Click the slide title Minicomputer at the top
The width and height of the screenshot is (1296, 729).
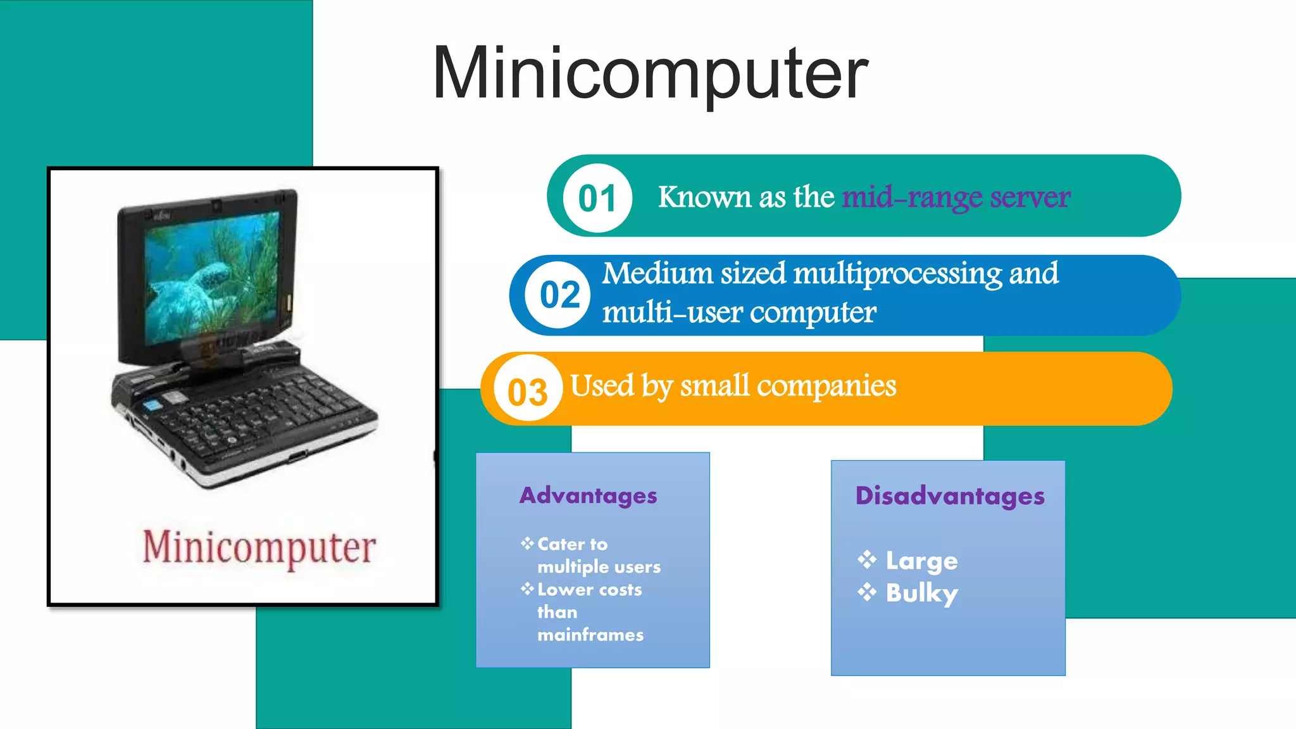(650, 73)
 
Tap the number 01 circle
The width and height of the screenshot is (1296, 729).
(597, 198)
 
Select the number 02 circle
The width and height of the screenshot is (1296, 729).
(559, 295)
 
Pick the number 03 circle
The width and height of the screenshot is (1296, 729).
(527, 392)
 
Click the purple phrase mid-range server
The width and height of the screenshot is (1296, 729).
(956, 197)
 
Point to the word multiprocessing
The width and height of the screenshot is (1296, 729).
(897, 274)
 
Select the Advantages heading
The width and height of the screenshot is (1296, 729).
(588, 495)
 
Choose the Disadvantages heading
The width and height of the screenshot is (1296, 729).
(949, 495)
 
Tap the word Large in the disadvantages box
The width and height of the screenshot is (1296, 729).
(921, 561)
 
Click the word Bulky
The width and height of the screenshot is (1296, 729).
(921, 594)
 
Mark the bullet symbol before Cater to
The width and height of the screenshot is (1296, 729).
(527, 544)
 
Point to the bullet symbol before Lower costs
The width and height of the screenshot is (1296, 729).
(527, 589)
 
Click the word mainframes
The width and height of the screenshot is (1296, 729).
(590, 635)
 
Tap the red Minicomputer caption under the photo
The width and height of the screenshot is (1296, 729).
(259, 547)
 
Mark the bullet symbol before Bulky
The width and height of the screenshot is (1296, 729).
(867, 592)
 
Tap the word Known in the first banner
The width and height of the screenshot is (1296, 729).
(705, 197)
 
